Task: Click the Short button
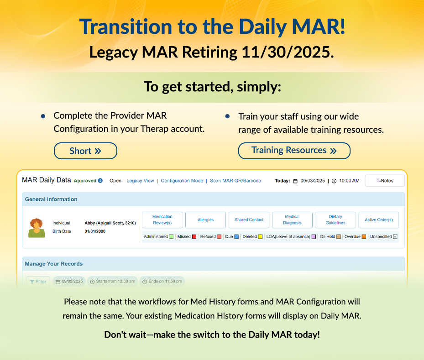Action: coord(85,151)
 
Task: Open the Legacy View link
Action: coord(140,181)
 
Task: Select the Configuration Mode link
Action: coord(182,181)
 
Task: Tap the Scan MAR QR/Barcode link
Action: coord(236,181)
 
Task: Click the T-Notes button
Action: coord(384,181)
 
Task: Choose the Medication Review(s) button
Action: coord(162,219)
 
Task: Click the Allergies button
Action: coord(205,219)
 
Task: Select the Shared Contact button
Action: coord(249,219)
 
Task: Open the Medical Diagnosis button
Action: coord(292,219)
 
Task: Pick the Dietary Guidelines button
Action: coord(335,219)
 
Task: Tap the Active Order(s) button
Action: coord(378,219)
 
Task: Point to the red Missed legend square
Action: coord(194,237)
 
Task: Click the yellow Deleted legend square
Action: coord(260,237)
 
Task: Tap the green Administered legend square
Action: coord(171,237)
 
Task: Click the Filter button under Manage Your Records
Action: coord(38,282)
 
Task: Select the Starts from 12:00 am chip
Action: coord(112,282)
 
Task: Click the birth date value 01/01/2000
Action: coord(95,231)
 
